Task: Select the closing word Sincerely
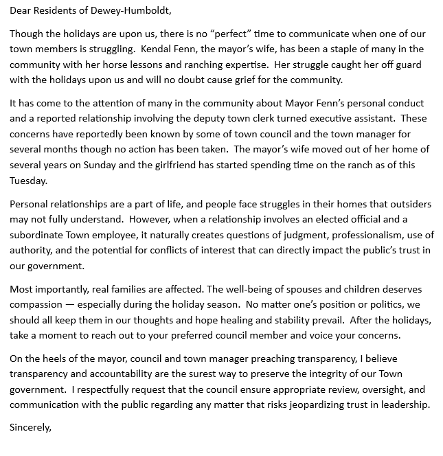click(x=30, y=428)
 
